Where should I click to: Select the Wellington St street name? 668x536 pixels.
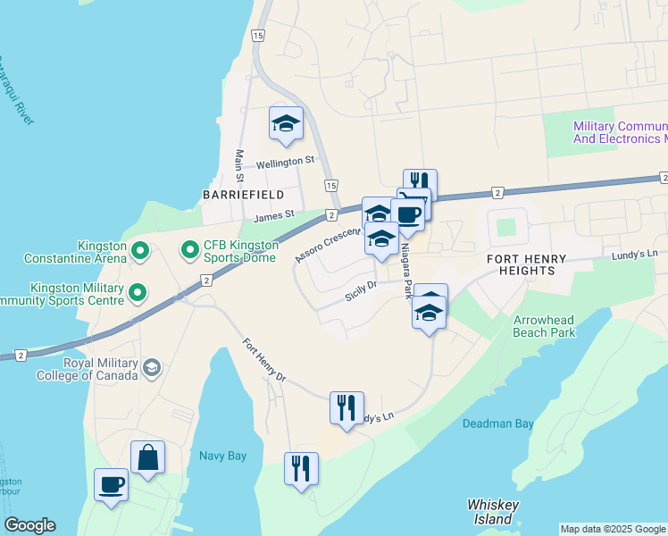pyautogui.click(x=286, y=162)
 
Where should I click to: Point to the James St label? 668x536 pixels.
pyautogui.click(x=273, y=215)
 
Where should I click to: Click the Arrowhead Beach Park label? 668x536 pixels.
pyautogui.click(x=545, y=326)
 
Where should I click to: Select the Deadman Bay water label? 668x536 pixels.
pyautogui.click(x=498, y=424)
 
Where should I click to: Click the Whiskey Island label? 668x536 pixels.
pyautogui.click(x=494, y=512)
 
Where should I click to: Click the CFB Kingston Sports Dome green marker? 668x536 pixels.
pyautogui.click(x=189, y=250)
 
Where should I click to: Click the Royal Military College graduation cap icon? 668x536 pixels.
pyautogui.click(x=152, y=367)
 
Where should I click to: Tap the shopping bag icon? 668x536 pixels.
pyautogui.click(x=147, y=457)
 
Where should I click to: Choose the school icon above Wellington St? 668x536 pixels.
pyautogui.click(x=287, y=123)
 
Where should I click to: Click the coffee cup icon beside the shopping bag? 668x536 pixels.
pyautogui.click(x=112, y=485)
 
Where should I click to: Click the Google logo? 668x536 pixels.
pyautogui.click(x=29, y=525)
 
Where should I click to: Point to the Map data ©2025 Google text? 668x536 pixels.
pyautogui.click(x=613, y=529)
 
